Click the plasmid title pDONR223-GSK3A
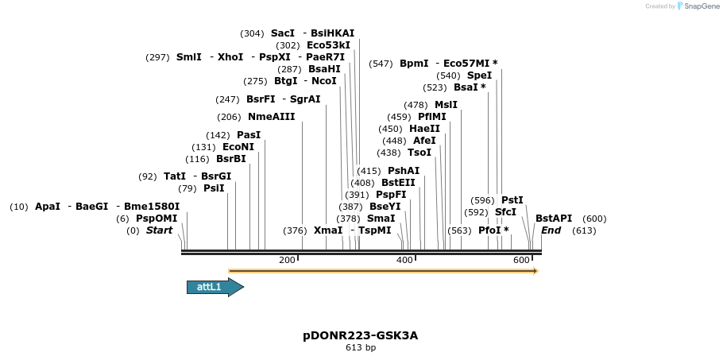point(360,335)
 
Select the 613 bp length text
point(360,348)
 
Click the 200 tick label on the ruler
point(287,260)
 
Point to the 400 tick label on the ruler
point(404,260)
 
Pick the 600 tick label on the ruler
point(521,260)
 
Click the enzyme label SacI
point(282,33)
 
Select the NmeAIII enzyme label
point(271,117)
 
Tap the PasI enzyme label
point(249,135)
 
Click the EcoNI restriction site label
point(238,147)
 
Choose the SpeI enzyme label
point(479,75)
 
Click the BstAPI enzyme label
point(554,219)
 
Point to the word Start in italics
point(159,230)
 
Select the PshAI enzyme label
point(404,171)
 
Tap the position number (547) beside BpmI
point(381,64)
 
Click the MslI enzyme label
point(446,105)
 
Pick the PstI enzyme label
point(512,200)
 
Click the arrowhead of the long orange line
point(535,271)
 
